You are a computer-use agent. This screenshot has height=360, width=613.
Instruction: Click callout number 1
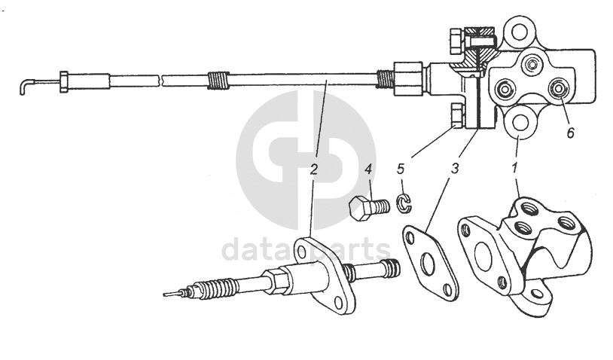pos(514,168)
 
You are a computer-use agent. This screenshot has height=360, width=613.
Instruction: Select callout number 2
pos(314,169)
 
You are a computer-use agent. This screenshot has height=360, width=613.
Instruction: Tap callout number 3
pos(454,169)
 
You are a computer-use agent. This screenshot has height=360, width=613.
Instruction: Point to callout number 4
pos(368,169)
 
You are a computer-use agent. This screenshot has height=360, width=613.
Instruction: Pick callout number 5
pos(401,169)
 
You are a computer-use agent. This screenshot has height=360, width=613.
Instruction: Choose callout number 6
pos(570,133)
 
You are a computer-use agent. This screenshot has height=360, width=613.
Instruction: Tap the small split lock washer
pos(404,204)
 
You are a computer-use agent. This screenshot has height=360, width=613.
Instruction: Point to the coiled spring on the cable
pos(218,81)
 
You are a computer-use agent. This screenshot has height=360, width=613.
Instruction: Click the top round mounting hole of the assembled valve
pos(518,32)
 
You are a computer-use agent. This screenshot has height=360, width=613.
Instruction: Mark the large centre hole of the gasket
pos(428,264)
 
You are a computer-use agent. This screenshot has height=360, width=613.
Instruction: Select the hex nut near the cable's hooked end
pos(64,82)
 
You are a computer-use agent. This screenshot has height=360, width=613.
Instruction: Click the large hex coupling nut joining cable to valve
pos(407,78)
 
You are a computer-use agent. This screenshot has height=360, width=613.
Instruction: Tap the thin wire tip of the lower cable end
pos(171,293)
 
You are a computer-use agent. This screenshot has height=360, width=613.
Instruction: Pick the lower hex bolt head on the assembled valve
pos(457,116)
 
